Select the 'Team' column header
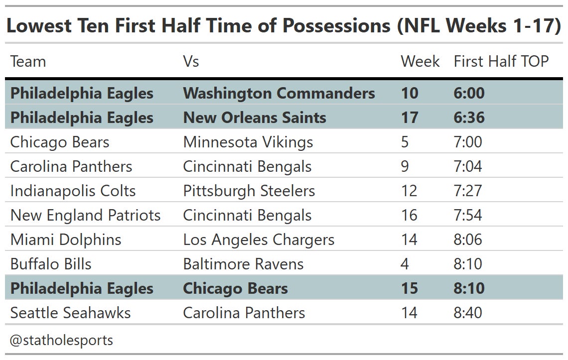(x=28, y=61)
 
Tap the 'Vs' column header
(x=191, y=61)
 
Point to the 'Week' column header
(x=420, y=61)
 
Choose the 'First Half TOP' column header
(x=501, y=61)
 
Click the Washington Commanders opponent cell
(x=279, y=93)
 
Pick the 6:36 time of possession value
(x=469, y=118)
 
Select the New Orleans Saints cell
(x=255, y=118)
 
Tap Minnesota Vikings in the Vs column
(x=248, y=142)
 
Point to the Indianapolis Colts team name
(x=73, y=191)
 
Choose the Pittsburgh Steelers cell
(x=249, y=191)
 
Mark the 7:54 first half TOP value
(x=468, y=215)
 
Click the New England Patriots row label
(x=85, y=215)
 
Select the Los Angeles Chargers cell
(x=259, y=240)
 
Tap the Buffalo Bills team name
(x=51, y=264)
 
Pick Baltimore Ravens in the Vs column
(x=243, y=264)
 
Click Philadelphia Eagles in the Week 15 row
(x=82, y=288)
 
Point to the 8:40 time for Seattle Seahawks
(x=468, y=313)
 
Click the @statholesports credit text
(x=61, y=340)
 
